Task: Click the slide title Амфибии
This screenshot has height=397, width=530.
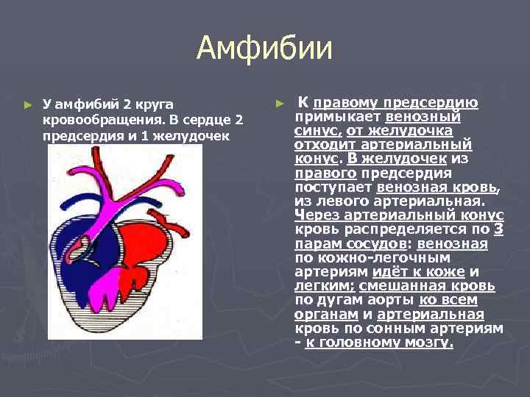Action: click(x=264, y=49)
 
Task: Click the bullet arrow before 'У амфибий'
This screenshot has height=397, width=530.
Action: click(x=28, y=106)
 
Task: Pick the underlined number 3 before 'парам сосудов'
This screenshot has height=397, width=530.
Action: click(x=498, y=229)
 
